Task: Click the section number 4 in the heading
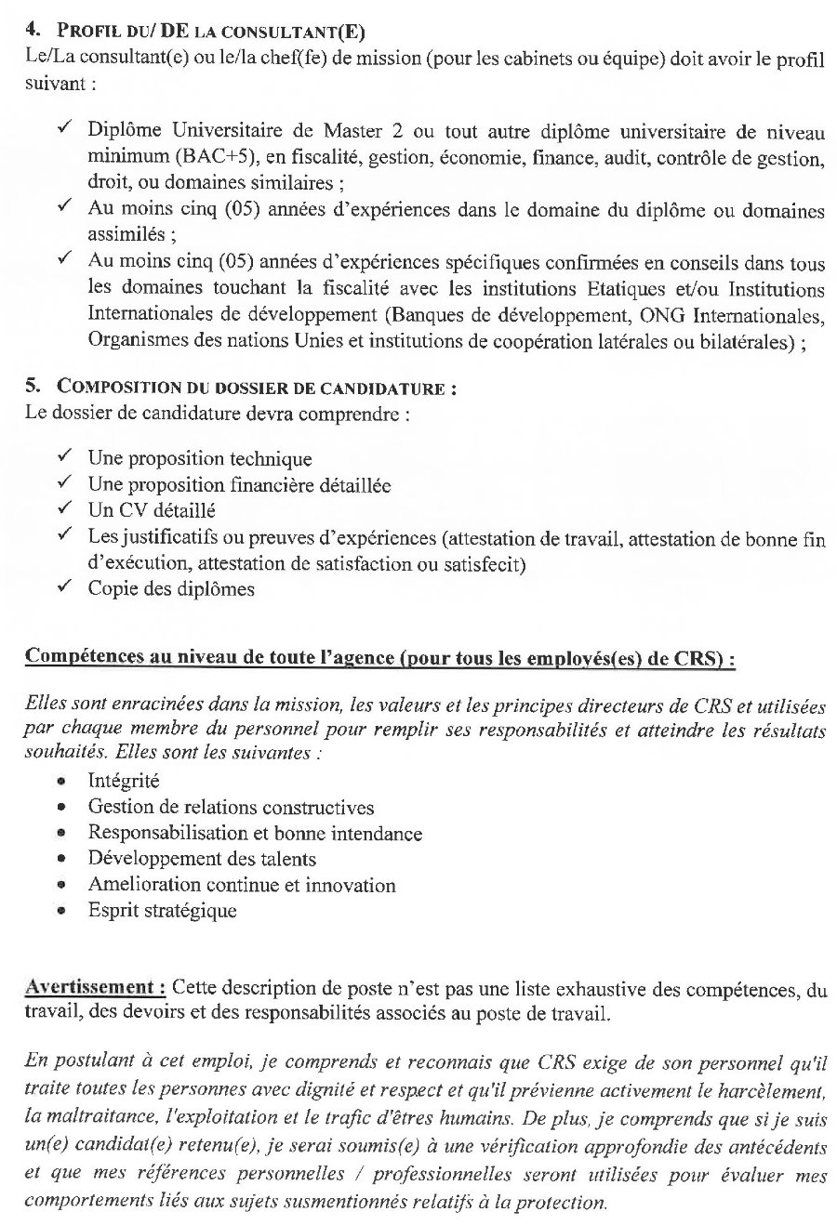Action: (31, 31)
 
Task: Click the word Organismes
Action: (135, 340)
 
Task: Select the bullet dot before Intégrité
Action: (61, 783)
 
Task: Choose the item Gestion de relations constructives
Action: (231, 807)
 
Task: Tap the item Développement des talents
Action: (202, 859)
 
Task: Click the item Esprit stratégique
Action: (162, 911)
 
